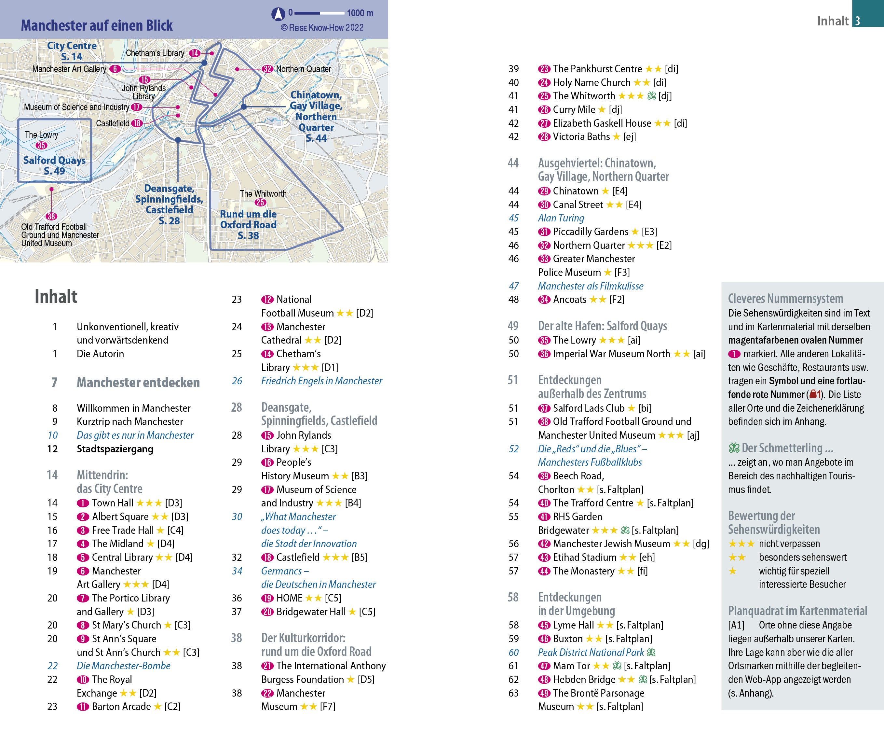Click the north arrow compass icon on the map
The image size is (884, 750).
tap(278, 14)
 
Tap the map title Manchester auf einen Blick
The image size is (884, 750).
tap(97, 25)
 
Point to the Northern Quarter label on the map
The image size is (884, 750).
tap(303, 69)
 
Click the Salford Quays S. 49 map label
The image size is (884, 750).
tap(54, 165)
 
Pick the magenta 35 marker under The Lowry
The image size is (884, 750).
tap(41, 145)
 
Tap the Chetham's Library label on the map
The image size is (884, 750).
tap(155, 53)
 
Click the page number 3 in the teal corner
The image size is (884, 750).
tap(857, 21)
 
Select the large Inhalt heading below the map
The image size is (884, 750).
tap(56, 296)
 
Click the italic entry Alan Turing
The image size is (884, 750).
tap(561, 218)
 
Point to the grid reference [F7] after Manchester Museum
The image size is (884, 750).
tap(328, 706)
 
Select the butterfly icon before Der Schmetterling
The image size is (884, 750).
tap(734, 448)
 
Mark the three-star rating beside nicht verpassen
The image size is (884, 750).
tap(741, 544)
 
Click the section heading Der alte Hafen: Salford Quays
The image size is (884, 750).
tap(602, 326)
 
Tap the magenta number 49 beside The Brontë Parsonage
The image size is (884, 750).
tap(544, 693)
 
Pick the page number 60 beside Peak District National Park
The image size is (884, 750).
tap(513, 652)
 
